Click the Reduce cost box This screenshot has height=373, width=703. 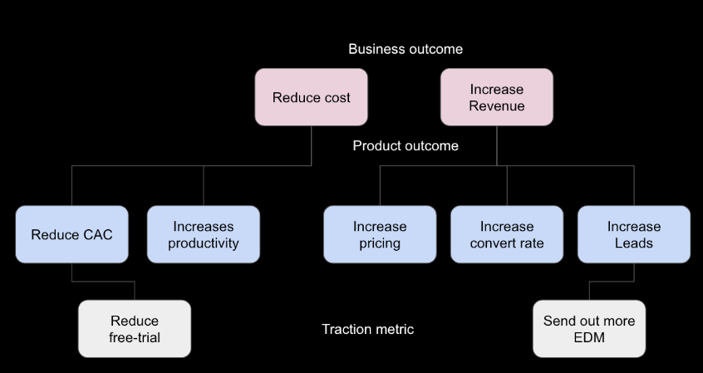click(x=311, y=97)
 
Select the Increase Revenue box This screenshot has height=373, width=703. click(x=496, y=97)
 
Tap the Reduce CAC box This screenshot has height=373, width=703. click(x=71, y=234)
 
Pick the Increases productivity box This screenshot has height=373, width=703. click(x=203, y=234)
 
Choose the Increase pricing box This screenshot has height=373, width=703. click(x=379, y=234)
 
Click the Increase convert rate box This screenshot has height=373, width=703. click(x=506, y=234)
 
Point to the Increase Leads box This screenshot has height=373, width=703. click(x=633, y=234)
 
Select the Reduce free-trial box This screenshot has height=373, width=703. click(x=134, y=329)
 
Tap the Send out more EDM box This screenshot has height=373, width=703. click(x=588, y=329)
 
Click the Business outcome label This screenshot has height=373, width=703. click(x=406, y=49)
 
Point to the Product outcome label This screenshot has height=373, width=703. click(x=406, y=145)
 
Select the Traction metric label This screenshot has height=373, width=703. click(x=367, y=329)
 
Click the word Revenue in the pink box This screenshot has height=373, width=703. click(x=496, y=106)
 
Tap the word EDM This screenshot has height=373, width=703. click(x=588, y=337)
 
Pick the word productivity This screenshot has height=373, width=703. click(x=203, y=243)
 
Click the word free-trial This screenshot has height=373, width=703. click(x=134, y=337)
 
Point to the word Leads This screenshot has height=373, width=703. click(x=633, y=243)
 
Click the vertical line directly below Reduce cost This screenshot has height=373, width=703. click(x=311, y=145)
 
